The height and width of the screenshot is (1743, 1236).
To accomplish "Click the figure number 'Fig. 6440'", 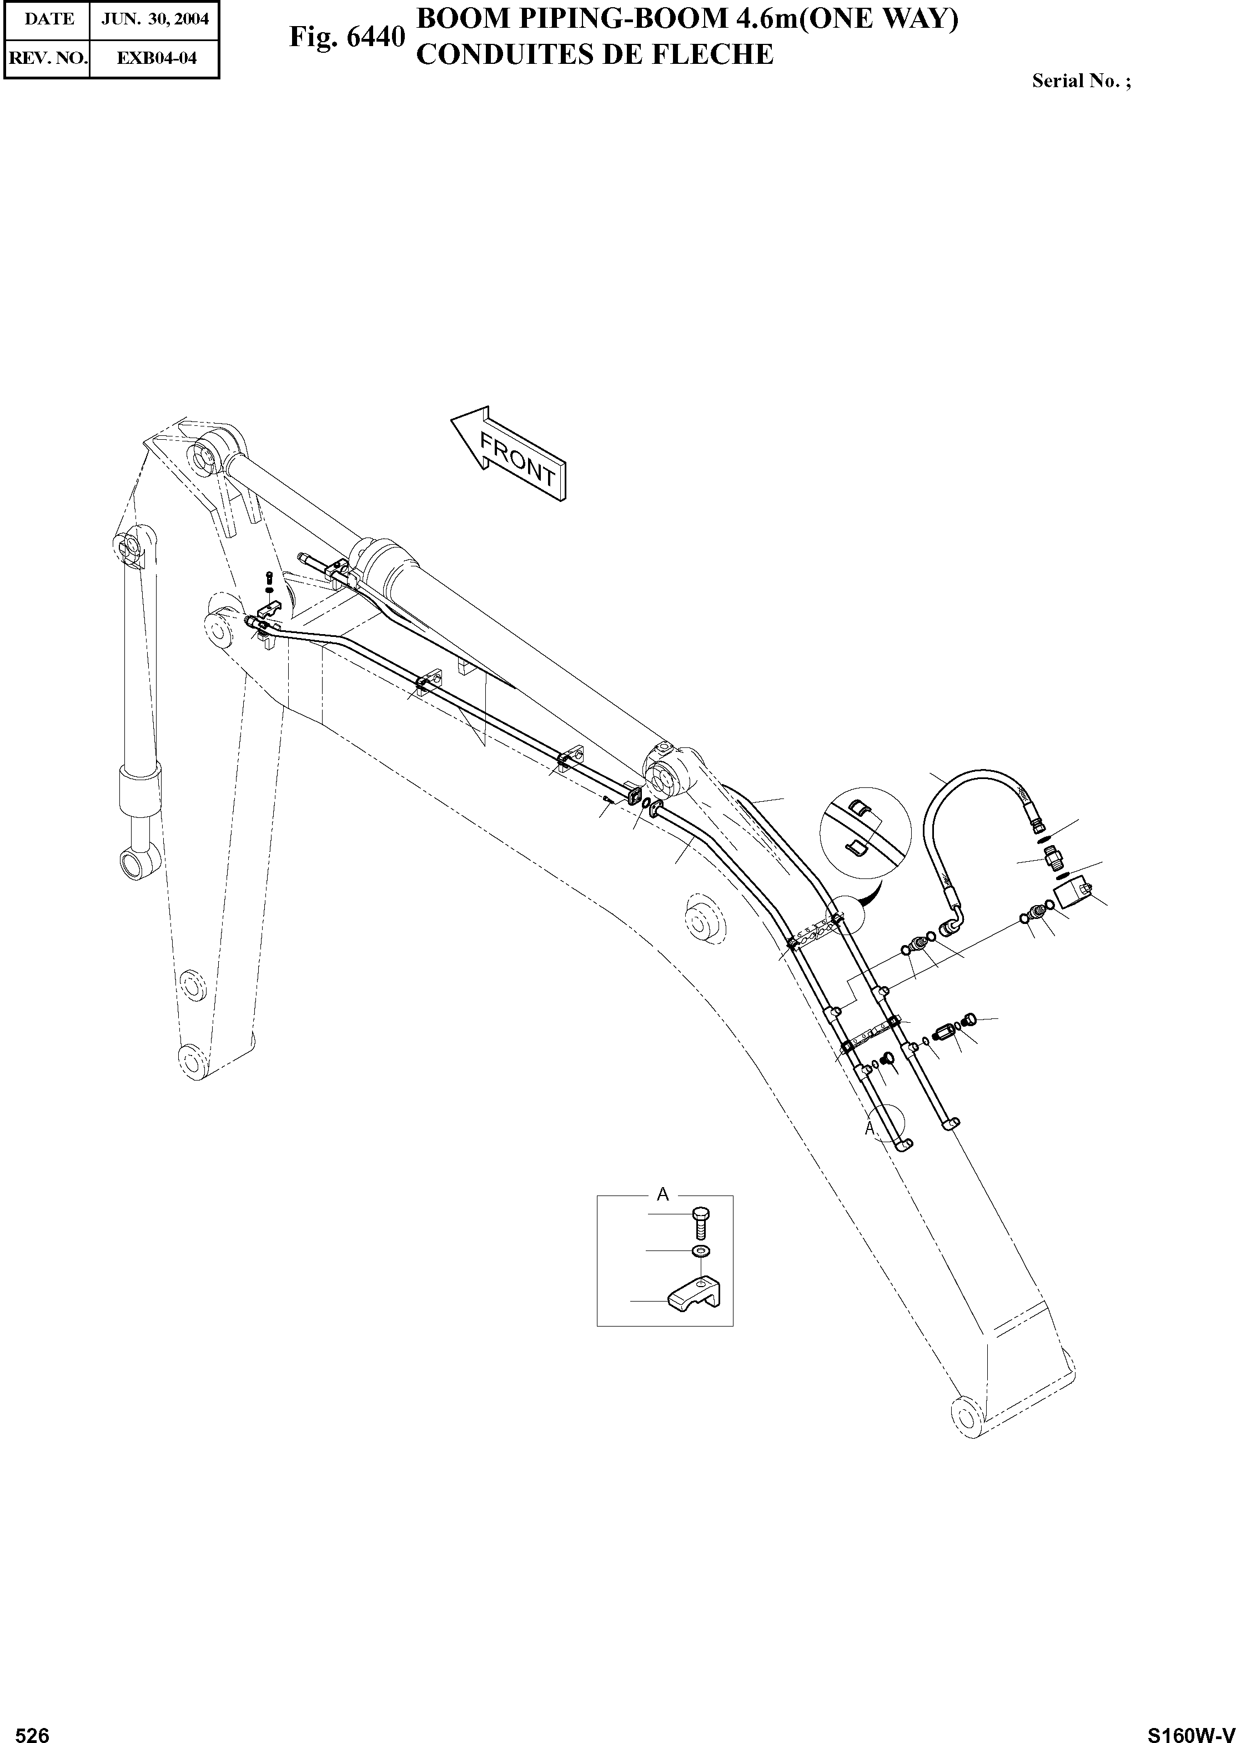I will pos(346,37).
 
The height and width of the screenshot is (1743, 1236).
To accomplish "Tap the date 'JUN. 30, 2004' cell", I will pos(154,19).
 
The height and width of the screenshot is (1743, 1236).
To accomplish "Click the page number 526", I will pos(33,1729).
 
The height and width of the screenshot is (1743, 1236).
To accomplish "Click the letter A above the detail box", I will pos(663,1194).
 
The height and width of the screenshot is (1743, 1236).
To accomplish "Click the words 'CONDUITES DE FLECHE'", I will pos(595,56).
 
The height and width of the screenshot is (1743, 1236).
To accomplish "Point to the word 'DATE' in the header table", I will pos(49,19).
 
